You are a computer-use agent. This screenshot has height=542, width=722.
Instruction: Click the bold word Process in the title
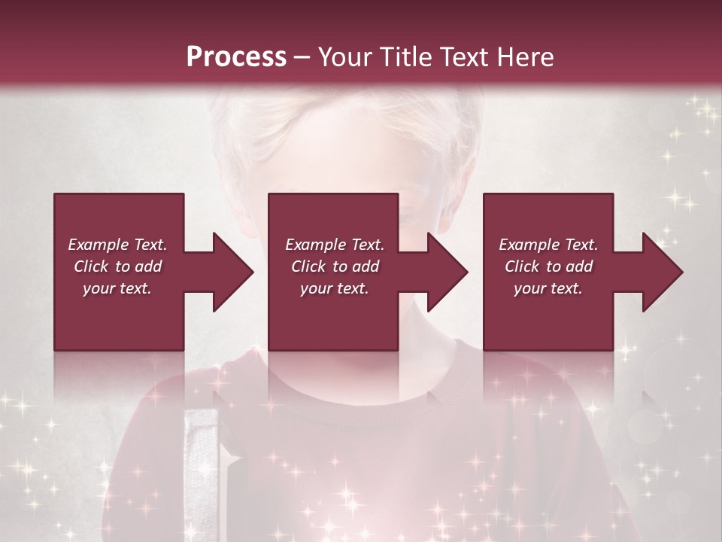[x=236, y=57]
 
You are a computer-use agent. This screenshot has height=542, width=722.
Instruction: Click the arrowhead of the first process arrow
[x=234, y=272]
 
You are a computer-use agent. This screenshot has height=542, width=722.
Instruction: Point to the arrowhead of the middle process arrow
[x=448, y=272]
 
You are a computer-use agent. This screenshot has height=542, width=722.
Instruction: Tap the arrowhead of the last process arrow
[x=663, y=272]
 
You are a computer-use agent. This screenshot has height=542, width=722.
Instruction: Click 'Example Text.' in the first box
[x=117, y=245]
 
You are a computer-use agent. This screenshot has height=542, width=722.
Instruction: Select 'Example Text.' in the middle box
[x=334, y=245]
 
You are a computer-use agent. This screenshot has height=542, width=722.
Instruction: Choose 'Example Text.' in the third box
[x=548, y=245]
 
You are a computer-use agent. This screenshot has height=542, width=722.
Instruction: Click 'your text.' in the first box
[x=117, y=288]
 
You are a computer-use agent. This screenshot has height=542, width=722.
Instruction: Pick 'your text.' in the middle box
[x=334, y=288]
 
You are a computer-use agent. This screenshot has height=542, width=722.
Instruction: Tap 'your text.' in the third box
[x=548, y=288]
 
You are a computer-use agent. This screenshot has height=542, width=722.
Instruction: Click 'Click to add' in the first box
[x=117, y=266]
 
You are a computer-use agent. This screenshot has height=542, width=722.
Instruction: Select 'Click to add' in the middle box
[x=334, y=266]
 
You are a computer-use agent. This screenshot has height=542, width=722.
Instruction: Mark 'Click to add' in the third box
[x=548, y=266]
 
